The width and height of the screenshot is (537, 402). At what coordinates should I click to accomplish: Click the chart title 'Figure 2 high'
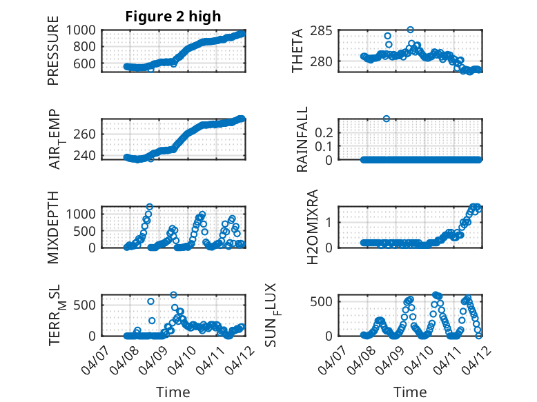pyautogui.click(x=173, y=17)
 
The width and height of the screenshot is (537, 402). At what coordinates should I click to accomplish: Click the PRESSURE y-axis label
pyautogui.click(x=53, y=54)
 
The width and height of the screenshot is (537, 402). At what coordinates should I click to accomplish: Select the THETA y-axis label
pyautogui.click(x=297, y=50)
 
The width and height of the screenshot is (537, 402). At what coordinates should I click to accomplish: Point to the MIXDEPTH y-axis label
pyautogui.click(x=53, y=227)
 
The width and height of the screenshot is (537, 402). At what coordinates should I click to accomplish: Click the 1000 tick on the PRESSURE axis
pyautogui.click(x=83, y=30)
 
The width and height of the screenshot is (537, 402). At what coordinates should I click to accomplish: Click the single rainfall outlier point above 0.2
pyautogui.click(x=387, y=119)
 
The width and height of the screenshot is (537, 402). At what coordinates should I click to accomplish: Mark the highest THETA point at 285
pyautogui.click(x=410, y=30)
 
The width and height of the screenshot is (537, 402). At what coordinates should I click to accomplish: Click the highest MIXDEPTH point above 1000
pyautogui.click(x=150, y=206)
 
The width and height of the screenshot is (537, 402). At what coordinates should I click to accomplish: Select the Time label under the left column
pyautogui.click(x=173, y=392)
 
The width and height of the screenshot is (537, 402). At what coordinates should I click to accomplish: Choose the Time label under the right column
pyautogui.click(x=410, y=392)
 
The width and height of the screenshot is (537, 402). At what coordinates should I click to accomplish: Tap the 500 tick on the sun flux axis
pyautogui.click(x=325, y=301)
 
